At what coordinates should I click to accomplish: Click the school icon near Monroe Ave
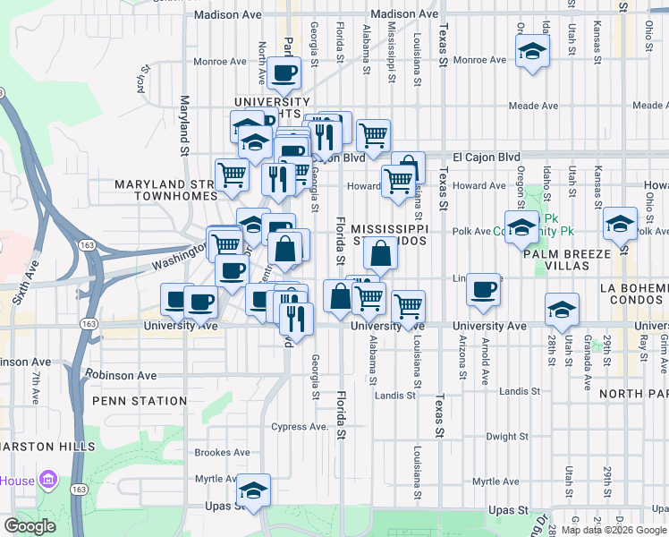(532, 51)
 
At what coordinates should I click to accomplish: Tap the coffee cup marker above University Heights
(284, 73)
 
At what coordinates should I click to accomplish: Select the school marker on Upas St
(255, 490)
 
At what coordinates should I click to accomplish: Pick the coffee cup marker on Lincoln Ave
(484, 289)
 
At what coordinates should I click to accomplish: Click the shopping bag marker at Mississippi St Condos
(381, 253)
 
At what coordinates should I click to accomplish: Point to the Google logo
(30, 526)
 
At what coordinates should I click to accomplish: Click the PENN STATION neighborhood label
(138, 401)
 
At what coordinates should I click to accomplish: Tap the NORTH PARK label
(633, 393)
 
